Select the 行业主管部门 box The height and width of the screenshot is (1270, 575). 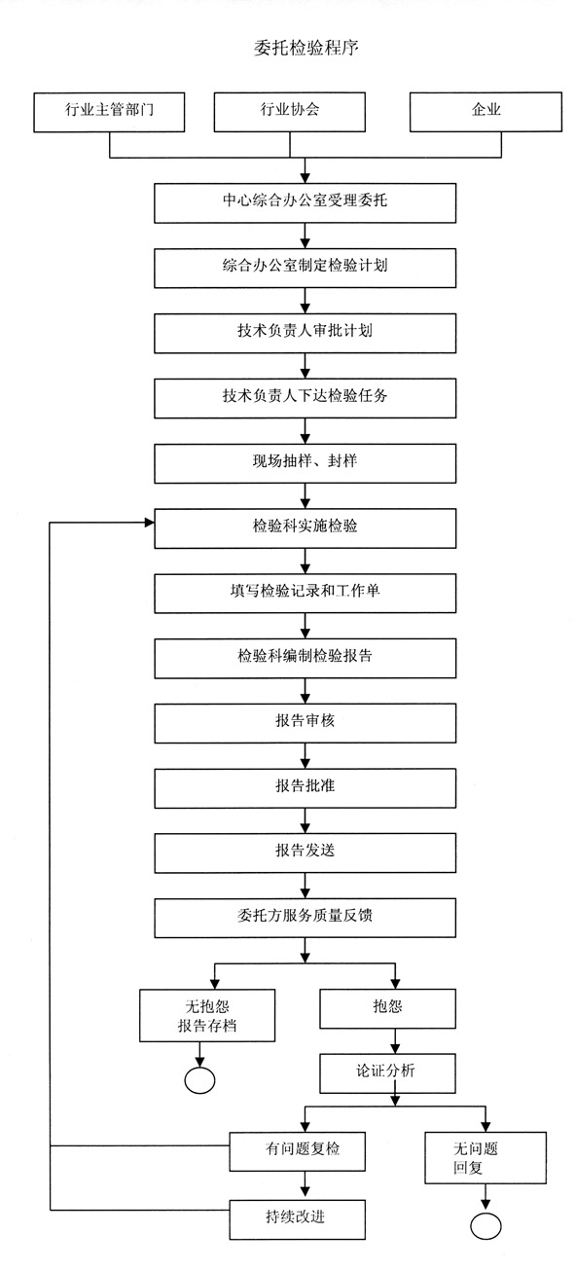[109, 111]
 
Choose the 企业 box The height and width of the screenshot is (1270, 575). [485, 111]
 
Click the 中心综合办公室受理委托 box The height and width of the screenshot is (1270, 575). [305, 202]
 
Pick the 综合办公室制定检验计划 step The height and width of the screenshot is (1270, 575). [305, 266]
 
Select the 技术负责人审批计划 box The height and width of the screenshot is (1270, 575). [305, 331]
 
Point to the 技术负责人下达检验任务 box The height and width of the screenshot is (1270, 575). [305, 396]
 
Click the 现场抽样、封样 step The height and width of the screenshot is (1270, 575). [305, 461]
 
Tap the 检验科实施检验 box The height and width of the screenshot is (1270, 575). [305, 526]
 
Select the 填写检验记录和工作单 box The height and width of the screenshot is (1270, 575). [305, 592]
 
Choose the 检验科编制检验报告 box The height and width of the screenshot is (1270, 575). [305, 657]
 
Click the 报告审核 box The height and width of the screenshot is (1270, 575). [305, 722]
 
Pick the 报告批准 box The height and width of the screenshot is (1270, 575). [305, 786]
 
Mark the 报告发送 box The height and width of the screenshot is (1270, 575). [305, 852]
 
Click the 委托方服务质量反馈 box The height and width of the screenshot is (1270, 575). [305, 917]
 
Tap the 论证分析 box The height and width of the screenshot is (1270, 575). [387, 1072]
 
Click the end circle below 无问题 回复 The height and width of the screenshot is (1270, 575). [485, 1224]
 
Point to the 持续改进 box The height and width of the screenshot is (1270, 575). [299, 1216]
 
